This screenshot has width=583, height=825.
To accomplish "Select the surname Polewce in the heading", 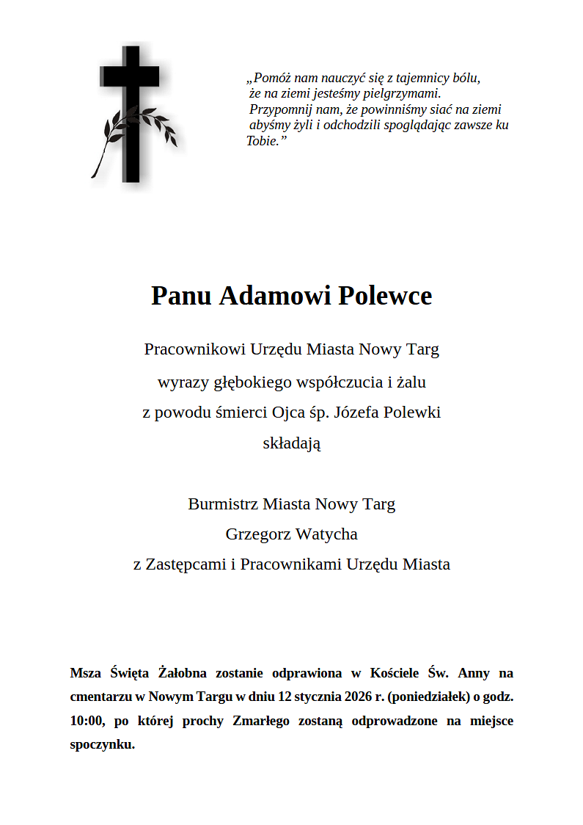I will (x=385, y=296).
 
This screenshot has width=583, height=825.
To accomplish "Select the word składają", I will (x=291, y=443).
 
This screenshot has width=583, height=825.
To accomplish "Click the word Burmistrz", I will (x=223, y=504).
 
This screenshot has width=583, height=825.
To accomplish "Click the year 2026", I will (x=358, y=697).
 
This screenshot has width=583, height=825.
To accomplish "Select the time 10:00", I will (x=86, y=721).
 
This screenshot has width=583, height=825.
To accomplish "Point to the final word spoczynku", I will (x=102, y=744).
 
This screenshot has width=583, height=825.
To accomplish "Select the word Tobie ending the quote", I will (x=263, y=141).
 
